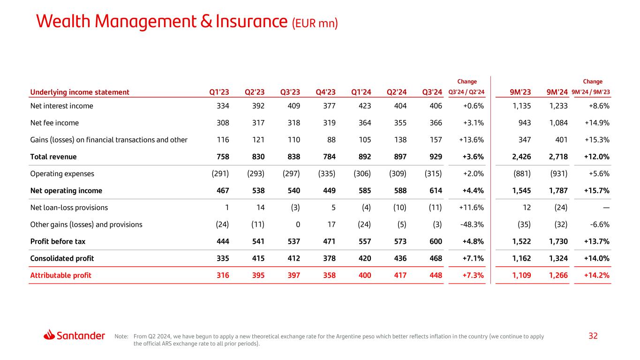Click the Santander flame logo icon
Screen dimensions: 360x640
pos(50,335)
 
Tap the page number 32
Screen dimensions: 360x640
pos(593,336)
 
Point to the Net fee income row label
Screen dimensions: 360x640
pos(54,123)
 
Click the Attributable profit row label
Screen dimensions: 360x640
pos(60,275)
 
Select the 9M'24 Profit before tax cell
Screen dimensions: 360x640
pos(558,241)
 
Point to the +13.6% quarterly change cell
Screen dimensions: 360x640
pos(471,140)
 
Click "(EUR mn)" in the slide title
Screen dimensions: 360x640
pos(315,23)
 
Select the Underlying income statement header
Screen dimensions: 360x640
pos(79,92)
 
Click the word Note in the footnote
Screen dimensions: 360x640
pos(121,336)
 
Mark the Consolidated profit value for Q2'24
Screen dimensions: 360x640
pos(398,258)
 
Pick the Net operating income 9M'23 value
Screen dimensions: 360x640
pos(520,191)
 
